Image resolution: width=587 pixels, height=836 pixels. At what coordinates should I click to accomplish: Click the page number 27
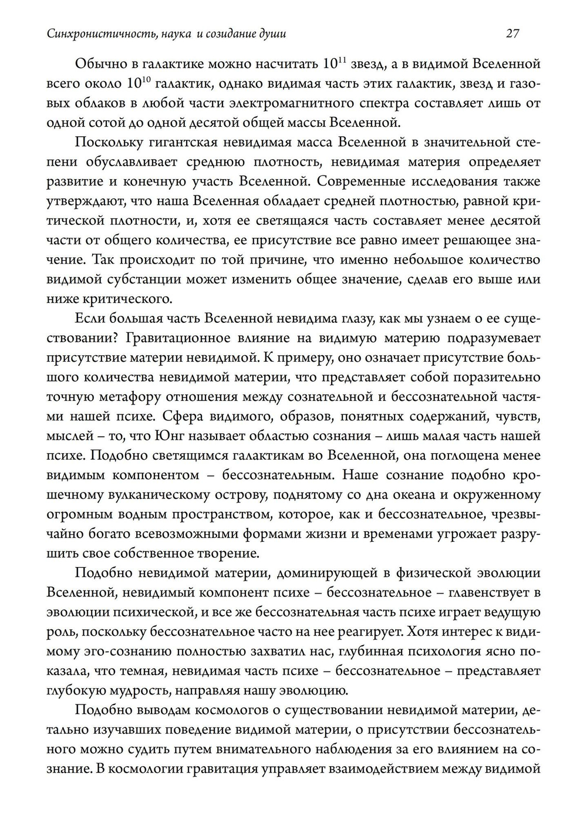click(x=512, y=34)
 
